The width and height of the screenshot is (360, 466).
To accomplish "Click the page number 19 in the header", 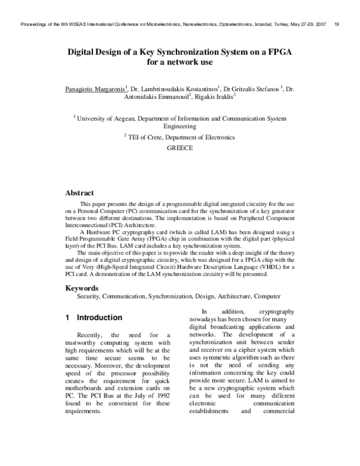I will click(x=337, y=25).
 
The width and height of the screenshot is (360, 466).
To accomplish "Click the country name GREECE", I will click(x=180, y=147).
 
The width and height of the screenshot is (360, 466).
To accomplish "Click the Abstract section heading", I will click(x=79, y=193).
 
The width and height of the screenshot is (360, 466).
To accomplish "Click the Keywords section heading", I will click(x=82, y=288).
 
